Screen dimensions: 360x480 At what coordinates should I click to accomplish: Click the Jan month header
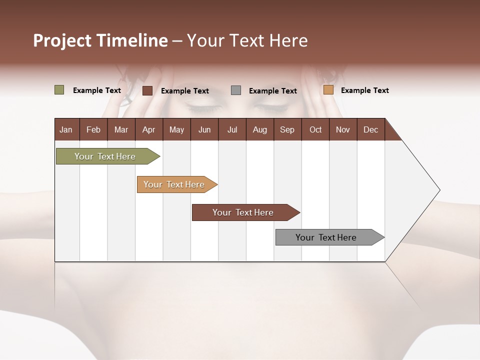66,129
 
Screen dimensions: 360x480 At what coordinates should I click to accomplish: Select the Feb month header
93,129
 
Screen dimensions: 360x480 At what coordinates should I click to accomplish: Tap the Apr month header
148,129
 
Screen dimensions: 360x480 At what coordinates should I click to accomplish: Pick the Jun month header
204,129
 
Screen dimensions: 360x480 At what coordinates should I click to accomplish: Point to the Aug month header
259,129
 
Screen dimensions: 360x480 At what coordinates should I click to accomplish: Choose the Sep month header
287,129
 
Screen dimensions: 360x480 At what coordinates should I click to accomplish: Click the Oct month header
315,129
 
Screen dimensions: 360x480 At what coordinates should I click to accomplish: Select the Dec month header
370,129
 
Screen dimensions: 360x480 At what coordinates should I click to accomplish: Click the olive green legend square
59,90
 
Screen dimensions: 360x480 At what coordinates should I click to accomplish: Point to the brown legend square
147,90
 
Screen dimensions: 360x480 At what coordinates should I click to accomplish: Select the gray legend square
236,90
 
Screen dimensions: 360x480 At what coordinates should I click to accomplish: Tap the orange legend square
328,90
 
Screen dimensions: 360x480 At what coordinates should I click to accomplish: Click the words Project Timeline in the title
100,40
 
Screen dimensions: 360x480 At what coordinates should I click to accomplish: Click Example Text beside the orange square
364,90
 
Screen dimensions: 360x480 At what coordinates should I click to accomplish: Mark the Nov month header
343,129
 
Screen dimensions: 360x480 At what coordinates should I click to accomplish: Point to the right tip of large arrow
439,190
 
